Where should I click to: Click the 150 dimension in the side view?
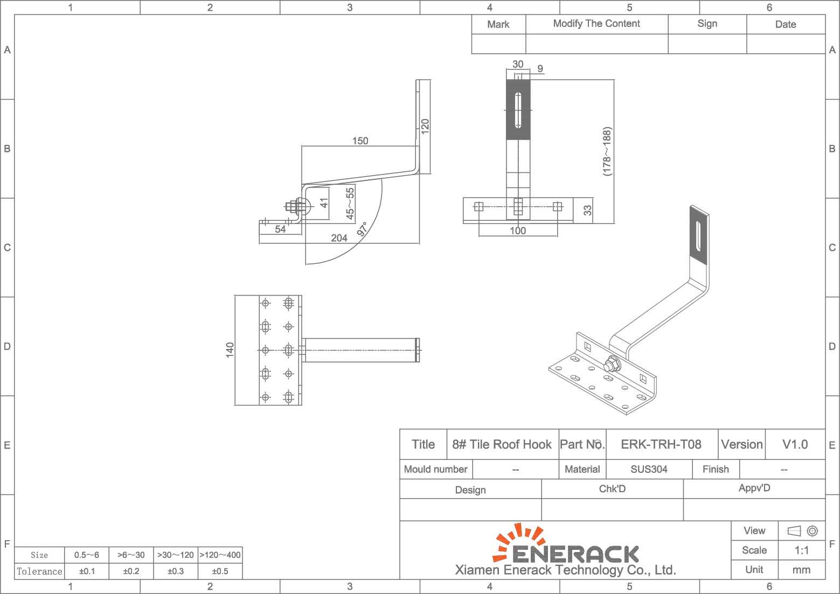[x=360, y=141]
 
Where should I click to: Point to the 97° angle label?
[x=362, y=229]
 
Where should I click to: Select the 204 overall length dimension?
[x=339, y=238]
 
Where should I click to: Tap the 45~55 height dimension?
[x=350, y=204]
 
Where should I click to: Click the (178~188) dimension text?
[x=607, y=151]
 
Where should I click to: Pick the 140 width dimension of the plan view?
[x=230, y=350]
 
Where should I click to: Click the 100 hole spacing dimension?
[x=517, y=230]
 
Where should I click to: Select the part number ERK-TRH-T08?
[x=661, y=444]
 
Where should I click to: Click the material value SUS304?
[x=649, y=469]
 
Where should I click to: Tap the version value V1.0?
[x=795, y=444]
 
